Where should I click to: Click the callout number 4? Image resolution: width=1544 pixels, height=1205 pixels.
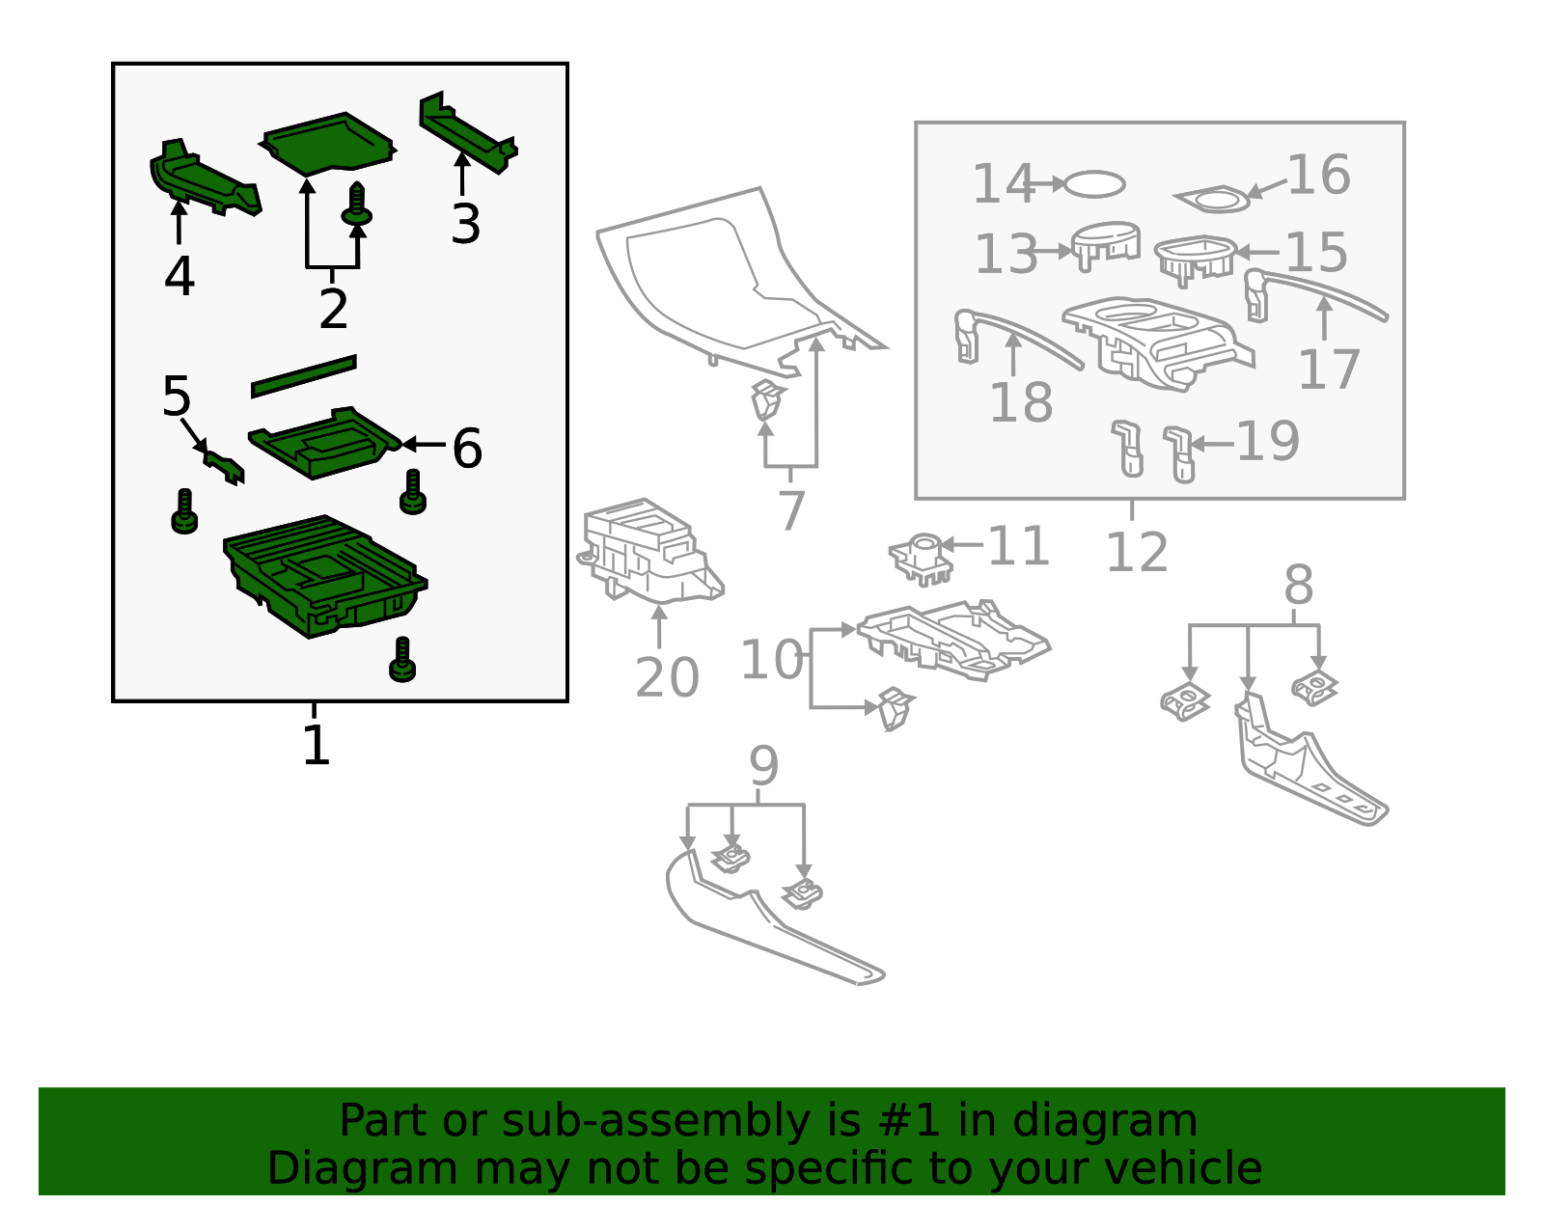pyautogui.click(x=179, y=277)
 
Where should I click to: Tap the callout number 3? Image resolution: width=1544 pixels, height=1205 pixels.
pyautogui.click(x=465, y=224)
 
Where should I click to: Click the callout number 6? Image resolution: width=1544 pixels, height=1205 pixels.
pyautogui.click(x=467, y=449)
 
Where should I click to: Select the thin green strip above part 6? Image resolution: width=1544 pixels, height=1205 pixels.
pyautogui.click(x=303, y=376)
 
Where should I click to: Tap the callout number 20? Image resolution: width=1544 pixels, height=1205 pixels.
pyautogui.click(x=667, y=677)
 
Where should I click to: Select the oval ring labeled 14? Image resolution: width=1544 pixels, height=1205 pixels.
pyautogui.click(x=1095, y=184)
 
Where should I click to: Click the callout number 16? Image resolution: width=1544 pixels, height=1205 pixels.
pyautogui.click(x=1318, y=176)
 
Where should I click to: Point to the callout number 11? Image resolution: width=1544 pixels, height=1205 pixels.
pyautogui.click(x=1018, y=546)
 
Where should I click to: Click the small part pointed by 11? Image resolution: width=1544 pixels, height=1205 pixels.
pyautogui.click(x=922, y=559)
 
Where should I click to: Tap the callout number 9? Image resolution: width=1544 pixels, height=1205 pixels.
pyautogui.click(x=763, y=767)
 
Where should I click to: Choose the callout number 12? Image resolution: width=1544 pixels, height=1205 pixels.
pyautogui.click(x=1137, y=553)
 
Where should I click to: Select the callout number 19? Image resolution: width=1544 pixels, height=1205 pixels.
pyautogui.click(x=1268, y=442)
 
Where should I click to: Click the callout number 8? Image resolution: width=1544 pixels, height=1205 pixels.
pyautogui.click(x=1298, y=585)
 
